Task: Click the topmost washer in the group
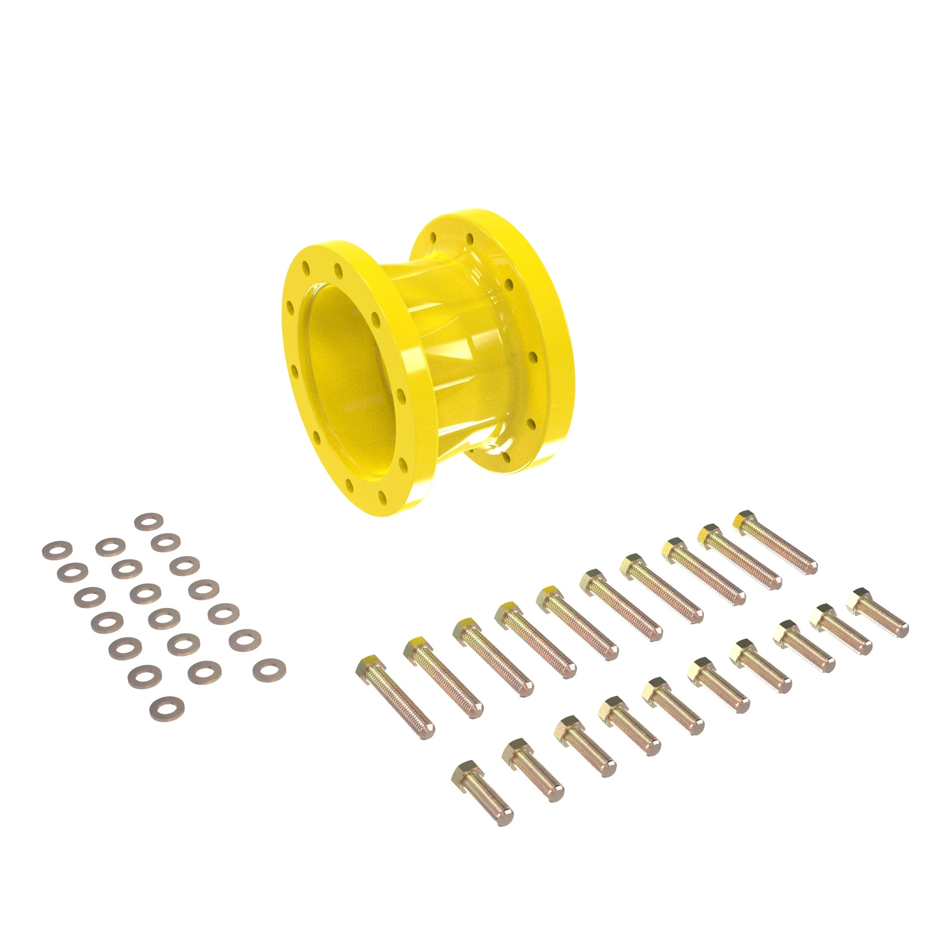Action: [x=148, y=521]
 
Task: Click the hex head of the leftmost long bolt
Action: [x=371, y=664]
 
